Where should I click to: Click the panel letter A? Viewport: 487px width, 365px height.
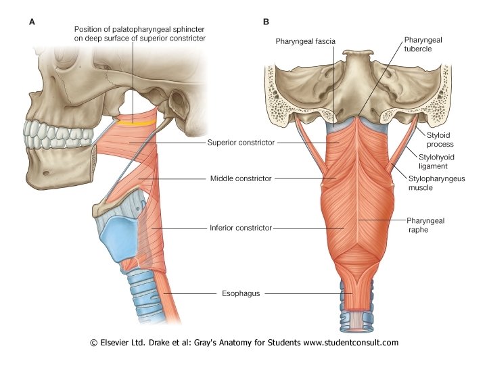click(x=32, y=22)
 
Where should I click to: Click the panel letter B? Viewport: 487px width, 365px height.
click(x=266, y=22)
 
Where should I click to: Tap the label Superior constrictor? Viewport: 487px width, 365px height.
click(x=241, y=143)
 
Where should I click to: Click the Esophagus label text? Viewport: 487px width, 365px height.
click(x=241, y=293)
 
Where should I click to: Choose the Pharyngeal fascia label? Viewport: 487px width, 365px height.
click(x=305, y=42)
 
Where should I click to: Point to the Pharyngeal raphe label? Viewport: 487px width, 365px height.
click(x=425, y=225)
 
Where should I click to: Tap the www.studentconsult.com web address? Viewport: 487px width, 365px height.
click(x=350, y=343)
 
